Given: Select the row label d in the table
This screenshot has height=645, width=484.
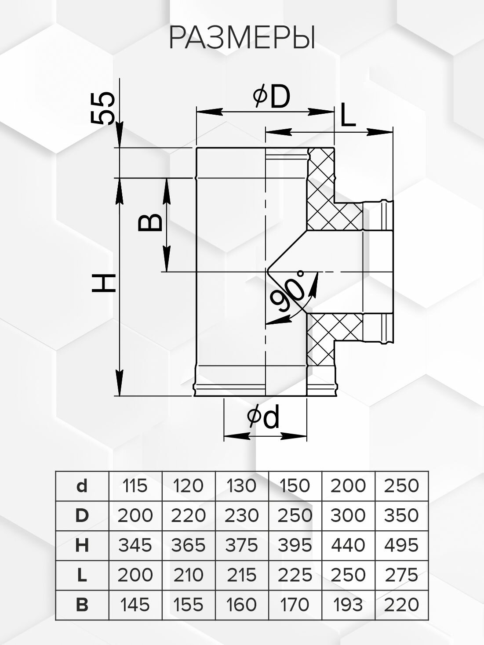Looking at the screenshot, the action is [82, 486].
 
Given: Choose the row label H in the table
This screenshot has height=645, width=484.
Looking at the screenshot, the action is [82, 545].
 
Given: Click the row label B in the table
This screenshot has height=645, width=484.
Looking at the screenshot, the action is [82, 605].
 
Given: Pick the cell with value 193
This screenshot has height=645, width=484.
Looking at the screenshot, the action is [348, 605].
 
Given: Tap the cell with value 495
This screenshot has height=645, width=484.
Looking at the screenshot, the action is [401, 545].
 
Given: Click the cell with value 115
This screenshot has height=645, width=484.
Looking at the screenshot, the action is [135, 486].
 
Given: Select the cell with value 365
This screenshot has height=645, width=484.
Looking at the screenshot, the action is [189, 545].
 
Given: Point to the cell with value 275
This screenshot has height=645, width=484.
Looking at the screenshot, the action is [401, 575].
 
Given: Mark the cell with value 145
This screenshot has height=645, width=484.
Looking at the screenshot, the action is [135, 605].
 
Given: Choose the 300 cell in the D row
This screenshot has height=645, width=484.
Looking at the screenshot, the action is [348, 515].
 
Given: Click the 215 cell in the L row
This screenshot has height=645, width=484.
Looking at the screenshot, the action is [242, 575].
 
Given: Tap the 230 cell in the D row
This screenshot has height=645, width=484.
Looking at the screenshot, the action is [242, 515].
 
